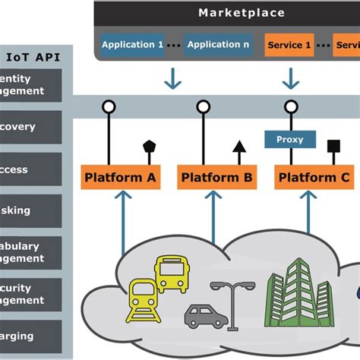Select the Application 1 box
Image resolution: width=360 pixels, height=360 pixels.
click(131, 45)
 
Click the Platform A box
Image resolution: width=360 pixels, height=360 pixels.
click(120, 178)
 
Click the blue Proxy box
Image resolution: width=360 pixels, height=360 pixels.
click(289, 139)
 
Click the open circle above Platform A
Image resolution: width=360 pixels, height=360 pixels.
click(109, 107)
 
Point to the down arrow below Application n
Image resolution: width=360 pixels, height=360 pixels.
click(174, 78)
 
